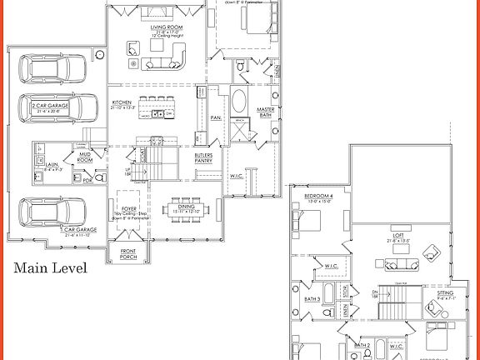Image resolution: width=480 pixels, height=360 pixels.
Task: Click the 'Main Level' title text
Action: (x=48, y=268)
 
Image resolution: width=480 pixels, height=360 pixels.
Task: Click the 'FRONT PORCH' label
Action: (x=127, y=255)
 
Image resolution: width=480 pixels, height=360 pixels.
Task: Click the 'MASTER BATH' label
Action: (x=266, y=113)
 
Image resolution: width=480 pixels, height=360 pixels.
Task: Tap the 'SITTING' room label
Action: (x=447, y=294)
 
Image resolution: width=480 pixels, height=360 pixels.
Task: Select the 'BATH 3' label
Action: (x=312, y=298)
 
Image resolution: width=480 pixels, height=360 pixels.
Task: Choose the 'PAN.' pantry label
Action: (x=215, y=117)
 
